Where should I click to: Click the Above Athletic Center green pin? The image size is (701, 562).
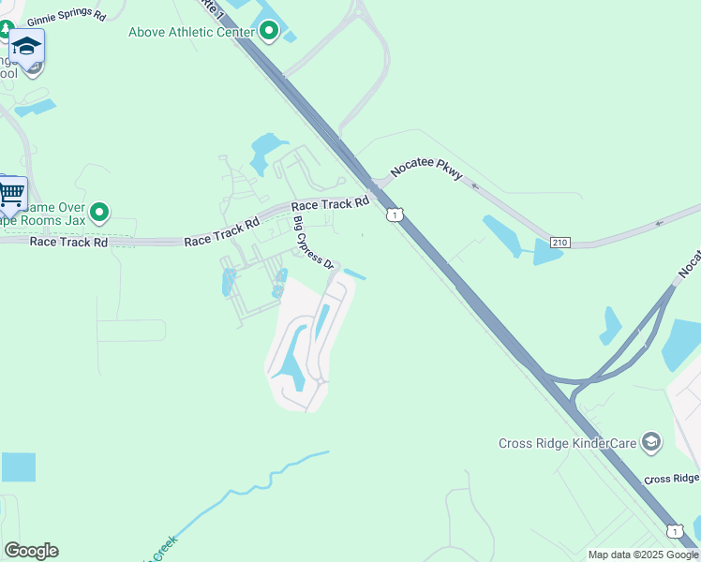[x=270, y=33]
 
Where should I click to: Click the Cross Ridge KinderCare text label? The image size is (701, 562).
[x=568, y=442]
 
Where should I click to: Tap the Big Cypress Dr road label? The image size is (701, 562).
[x=313, y=243]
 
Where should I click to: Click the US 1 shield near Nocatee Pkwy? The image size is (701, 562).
[x=395, y=215]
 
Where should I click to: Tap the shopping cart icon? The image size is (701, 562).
[x=11, y=195]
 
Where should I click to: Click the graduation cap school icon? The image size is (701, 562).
[x=27, y=47]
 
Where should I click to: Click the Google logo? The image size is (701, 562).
[x=31, y=551]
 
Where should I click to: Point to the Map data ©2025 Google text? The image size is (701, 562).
[x=642, y=555]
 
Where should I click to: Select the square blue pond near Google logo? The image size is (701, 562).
[x=18, y=466]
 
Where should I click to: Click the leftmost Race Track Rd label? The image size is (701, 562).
[x=68, y=242]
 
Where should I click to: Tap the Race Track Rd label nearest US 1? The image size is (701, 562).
[x=330, y=204]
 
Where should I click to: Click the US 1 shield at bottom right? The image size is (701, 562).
[x=674, y=531]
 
